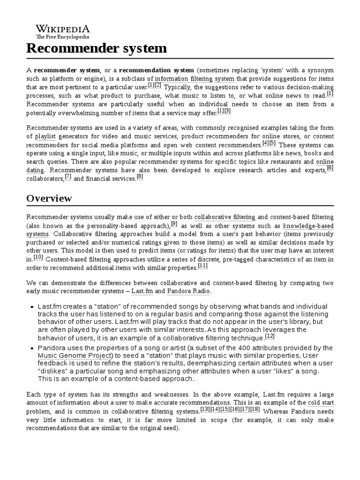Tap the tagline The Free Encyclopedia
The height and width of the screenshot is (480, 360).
click(63, 37)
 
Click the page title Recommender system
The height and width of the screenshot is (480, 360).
click(96, 48)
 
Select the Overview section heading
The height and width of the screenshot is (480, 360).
click(49, 198)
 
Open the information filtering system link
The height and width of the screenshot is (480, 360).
click(194, 79)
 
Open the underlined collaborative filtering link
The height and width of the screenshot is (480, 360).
click(225, 217)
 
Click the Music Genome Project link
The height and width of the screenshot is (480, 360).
click(74, 356)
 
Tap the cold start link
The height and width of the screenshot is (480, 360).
click(321, 403)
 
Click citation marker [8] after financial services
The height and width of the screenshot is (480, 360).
click(140, 177)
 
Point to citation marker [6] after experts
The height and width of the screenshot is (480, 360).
click(330, 168)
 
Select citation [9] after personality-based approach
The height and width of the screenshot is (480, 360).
click(174, 224)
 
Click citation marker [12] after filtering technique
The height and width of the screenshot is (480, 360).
click(270, 336)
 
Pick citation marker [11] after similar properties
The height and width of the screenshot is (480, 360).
click(202, 266)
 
